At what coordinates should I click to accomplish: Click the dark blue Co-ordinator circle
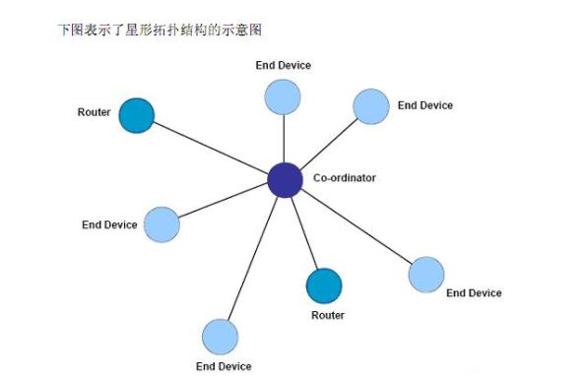coord(285,180)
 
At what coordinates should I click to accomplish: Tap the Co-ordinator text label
coord(345,178)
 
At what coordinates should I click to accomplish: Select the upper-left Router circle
coord(137,115)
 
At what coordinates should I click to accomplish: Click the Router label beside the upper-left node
coord(95,112)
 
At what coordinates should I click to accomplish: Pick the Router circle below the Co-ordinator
coord(324,285)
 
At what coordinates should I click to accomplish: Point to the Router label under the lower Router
coord(328,315)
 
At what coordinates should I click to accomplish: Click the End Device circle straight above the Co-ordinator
coord(283,96)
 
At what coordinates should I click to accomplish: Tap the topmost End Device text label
coord(284,65)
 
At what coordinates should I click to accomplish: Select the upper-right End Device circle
coord(371,106)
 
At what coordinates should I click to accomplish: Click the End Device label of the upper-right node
coord(425,104)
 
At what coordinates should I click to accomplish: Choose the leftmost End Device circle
coord(162,224)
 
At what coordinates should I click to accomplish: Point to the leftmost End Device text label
coord(109,224)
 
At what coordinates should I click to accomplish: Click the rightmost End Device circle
coord(425,275)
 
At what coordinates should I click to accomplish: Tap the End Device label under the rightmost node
coord(474,292)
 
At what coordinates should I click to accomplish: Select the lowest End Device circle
coord(221,337)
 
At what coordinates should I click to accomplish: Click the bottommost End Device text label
coord(224,366)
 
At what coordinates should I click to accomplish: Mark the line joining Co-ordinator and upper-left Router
coord(211,148)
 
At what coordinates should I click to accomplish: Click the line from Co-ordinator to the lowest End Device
coord(253,258)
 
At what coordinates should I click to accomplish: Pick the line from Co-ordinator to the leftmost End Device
coord(224,202)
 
